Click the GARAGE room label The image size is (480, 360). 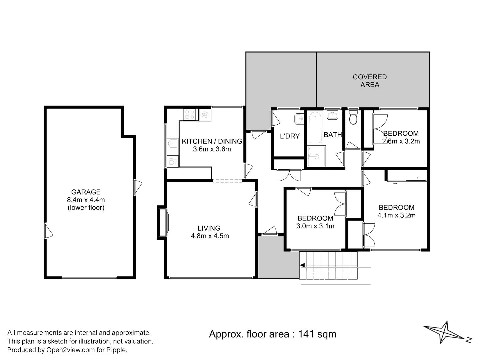pos(86,192)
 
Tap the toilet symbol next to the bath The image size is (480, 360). pos(353,117)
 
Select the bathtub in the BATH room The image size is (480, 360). pos(315,128)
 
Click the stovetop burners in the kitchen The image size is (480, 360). pos(189,115)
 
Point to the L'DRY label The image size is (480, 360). pos(290,136)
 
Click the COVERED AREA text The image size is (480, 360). pos(370,81)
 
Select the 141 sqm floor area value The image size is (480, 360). pos(317,334)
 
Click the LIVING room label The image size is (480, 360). pos(209,228)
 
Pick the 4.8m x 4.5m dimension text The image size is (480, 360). pos(210,236)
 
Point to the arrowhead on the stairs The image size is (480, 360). pos(302,265)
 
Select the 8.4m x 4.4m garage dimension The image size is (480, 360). pos(86,200)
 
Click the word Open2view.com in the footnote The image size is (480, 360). pos(70,350)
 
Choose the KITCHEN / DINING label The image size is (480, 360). pos(212,141)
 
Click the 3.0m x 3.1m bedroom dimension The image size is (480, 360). pos(315,226)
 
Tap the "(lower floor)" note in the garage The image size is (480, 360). pos(86,207)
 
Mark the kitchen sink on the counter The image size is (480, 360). pos(173,143)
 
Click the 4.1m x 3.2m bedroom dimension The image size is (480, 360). pos(396,215)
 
